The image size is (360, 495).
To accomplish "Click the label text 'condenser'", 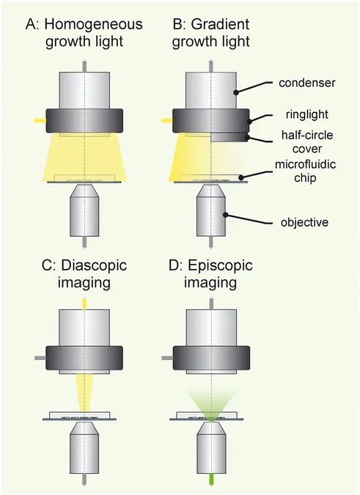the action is click(306, 83).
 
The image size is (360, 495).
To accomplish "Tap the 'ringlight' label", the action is click(306, 114).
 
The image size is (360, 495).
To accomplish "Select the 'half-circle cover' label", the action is click(307, 142).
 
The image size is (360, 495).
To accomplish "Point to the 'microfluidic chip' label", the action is click(305, 171).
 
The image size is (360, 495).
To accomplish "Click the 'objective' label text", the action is click(304, 222).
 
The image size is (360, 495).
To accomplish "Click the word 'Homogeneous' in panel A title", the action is click(93, 24).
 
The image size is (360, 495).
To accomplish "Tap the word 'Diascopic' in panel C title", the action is click(94, 265).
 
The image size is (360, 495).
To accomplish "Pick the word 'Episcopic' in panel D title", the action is click(220, 265).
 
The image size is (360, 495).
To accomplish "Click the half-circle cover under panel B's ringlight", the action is click(230, 137).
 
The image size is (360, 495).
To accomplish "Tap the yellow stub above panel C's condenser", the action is click(84, 304).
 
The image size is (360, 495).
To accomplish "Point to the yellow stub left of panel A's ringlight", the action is click(40, 120).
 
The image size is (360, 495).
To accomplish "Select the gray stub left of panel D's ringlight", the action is click(167, 358).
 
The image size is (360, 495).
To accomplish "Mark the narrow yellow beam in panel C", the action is click(84, 393).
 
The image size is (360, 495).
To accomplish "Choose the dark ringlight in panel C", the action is click(84, 358).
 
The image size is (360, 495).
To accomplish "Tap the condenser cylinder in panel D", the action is click(211, 328).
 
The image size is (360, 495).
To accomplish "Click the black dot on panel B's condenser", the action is click(235, 92).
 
